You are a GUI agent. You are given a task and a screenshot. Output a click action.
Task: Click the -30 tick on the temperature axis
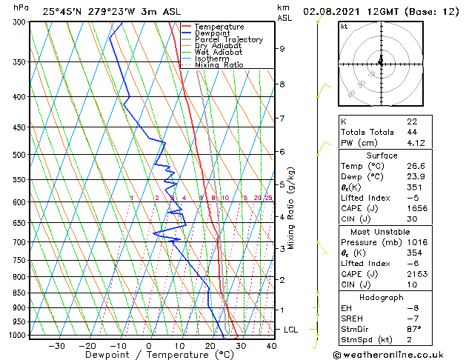pos(56,346)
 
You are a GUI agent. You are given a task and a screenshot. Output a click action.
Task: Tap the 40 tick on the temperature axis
pos(271,346)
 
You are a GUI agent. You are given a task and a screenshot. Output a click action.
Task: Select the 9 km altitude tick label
pos(282,49)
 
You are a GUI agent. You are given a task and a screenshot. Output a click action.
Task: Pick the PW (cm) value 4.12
pos(416,143)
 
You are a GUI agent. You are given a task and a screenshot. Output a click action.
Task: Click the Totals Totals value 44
pos(412,132)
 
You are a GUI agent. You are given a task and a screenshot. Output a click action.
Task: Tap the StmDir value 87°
pos(414,329)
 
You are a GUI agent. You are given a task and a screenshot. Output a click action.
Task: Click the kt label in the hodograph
pos(344,26)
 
